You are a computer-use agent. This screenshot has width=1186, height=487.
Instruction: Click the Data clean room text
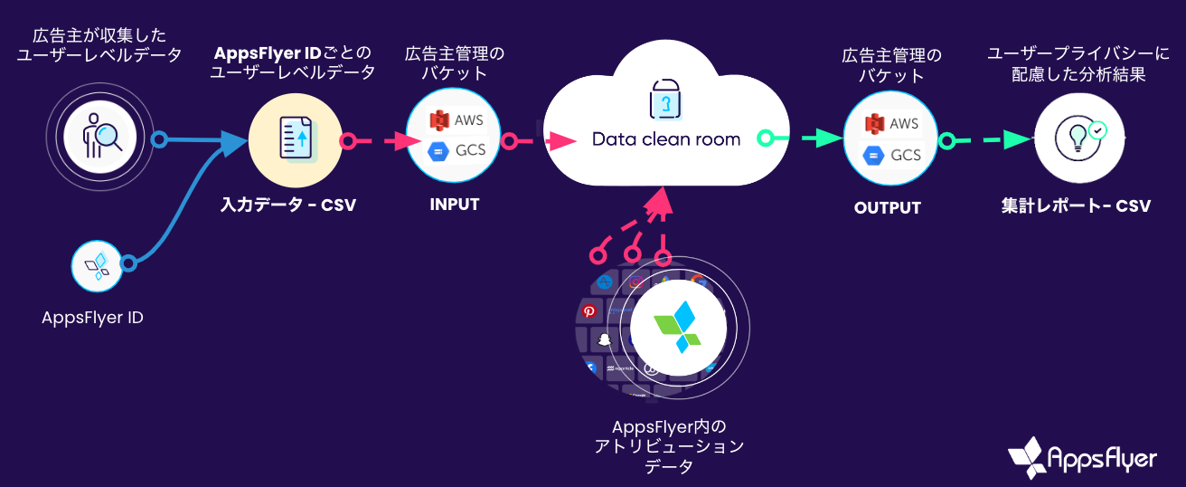pyautogui.click(x=666, y=138)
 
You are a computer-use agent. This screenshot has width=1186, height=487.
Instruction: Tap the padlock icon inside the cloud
pyautogui.click(x=665, y=99)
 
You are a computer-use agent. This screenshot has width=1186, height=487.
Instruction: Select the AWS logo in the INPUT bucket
pyautogui.click(x=439, y=120)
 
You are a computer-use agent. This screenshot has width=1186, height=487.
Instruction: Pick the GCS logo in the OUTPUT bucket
pyautogui.click(x=873, y=156)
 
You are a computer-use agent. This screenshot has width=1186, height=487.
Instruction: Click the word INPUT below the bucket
pyautogui.click(x=455, y=204)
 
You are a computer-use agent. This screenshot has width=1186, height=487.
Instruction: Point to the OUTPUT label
pyautogui.click(x=888, y=207)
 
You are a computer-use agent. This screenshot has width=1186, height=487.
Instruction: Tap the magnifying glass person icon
pyautogui.click(x=100, y=137)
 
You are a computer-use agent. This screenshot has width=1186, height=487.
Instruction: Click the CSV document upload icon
pyautogui.click(x=296, y=139)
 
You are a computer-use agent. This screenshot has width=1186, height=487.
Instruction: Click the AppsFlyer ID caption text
pyautogui.click(x=92, y=318)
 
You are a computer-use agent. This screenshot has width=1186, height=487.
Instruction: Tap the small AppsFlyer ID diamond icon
pyautogui.click(x=98, y=266)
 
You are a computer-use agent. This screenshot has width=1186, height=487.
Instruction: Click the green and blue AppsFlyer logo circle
pyautogui.click(x=679, y=328)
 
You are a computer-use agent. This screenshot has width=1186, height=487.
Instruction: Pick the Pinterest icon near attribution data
pyautogui.click(x=588, y=311)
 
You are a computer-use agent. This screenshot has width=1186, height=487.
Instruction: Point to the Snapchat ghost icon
pyautogui.click(x=604, y=339)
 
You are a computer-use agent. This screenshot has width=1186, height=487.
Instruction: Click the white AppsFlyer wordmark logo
pyautogui.click(x=1082, y=458)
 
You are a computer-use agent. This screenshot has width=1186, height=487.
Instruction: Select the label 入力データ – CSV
pyautogui.click(x=288, y=205)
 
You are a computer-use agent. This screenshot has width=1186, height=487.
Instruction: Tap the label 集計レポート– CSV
pyautogui.click(x=1076, y=205)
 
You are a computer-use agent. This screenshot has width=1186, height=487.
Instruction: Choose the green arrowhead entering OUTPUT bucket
pyautogui.click(x=828, y=138)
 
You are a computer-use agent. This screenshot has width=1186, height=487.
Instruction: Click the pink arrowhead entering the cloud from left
pyautogui.click(x=561, y=141)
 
